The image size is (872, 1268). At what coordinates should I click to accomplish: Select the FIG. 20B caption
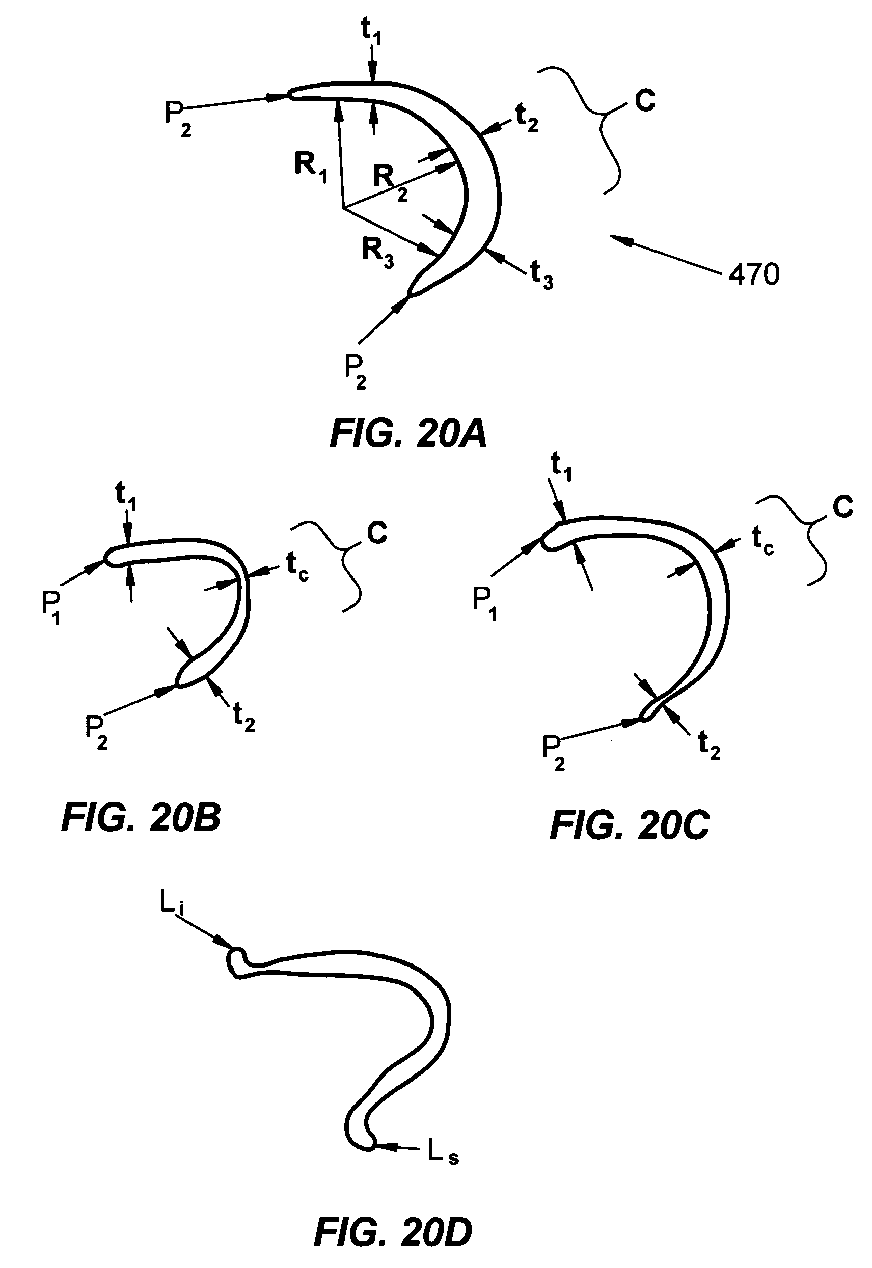141,818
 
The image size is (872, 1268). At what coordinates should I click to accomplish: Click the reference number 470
754,274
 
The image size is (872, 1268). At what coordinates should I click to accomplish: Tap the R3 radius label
377,252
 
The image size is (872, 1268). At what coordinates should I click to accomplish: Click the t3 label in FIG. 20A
541,274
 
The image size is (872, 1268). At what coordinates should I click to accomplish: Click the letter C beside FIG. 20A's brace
645,100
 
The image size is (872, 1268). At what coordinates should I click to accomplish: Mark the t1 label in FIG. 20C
561,467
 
